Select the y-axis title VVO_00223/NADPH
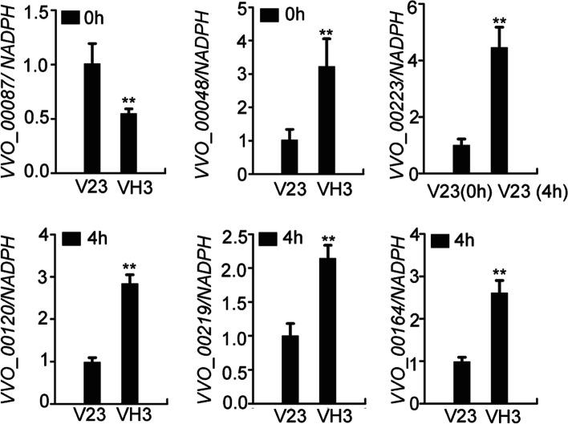point(396,88)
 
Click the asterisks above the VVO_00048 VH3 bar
point(326,34)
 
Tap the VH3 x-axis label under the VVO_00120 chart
point(132,416)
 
